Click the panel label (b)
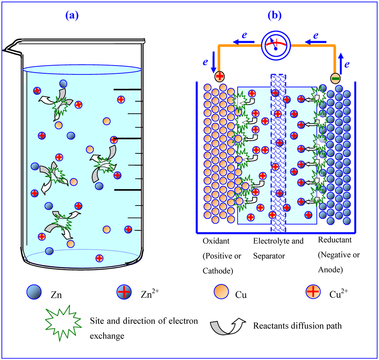point(274,15)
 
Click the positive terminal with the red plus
point(219,76)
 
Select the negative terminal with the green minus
point(335,78)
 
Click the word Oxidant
point(216,241)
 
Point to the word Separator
point(269,256)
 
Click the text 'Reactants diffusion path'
point(297,326)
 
